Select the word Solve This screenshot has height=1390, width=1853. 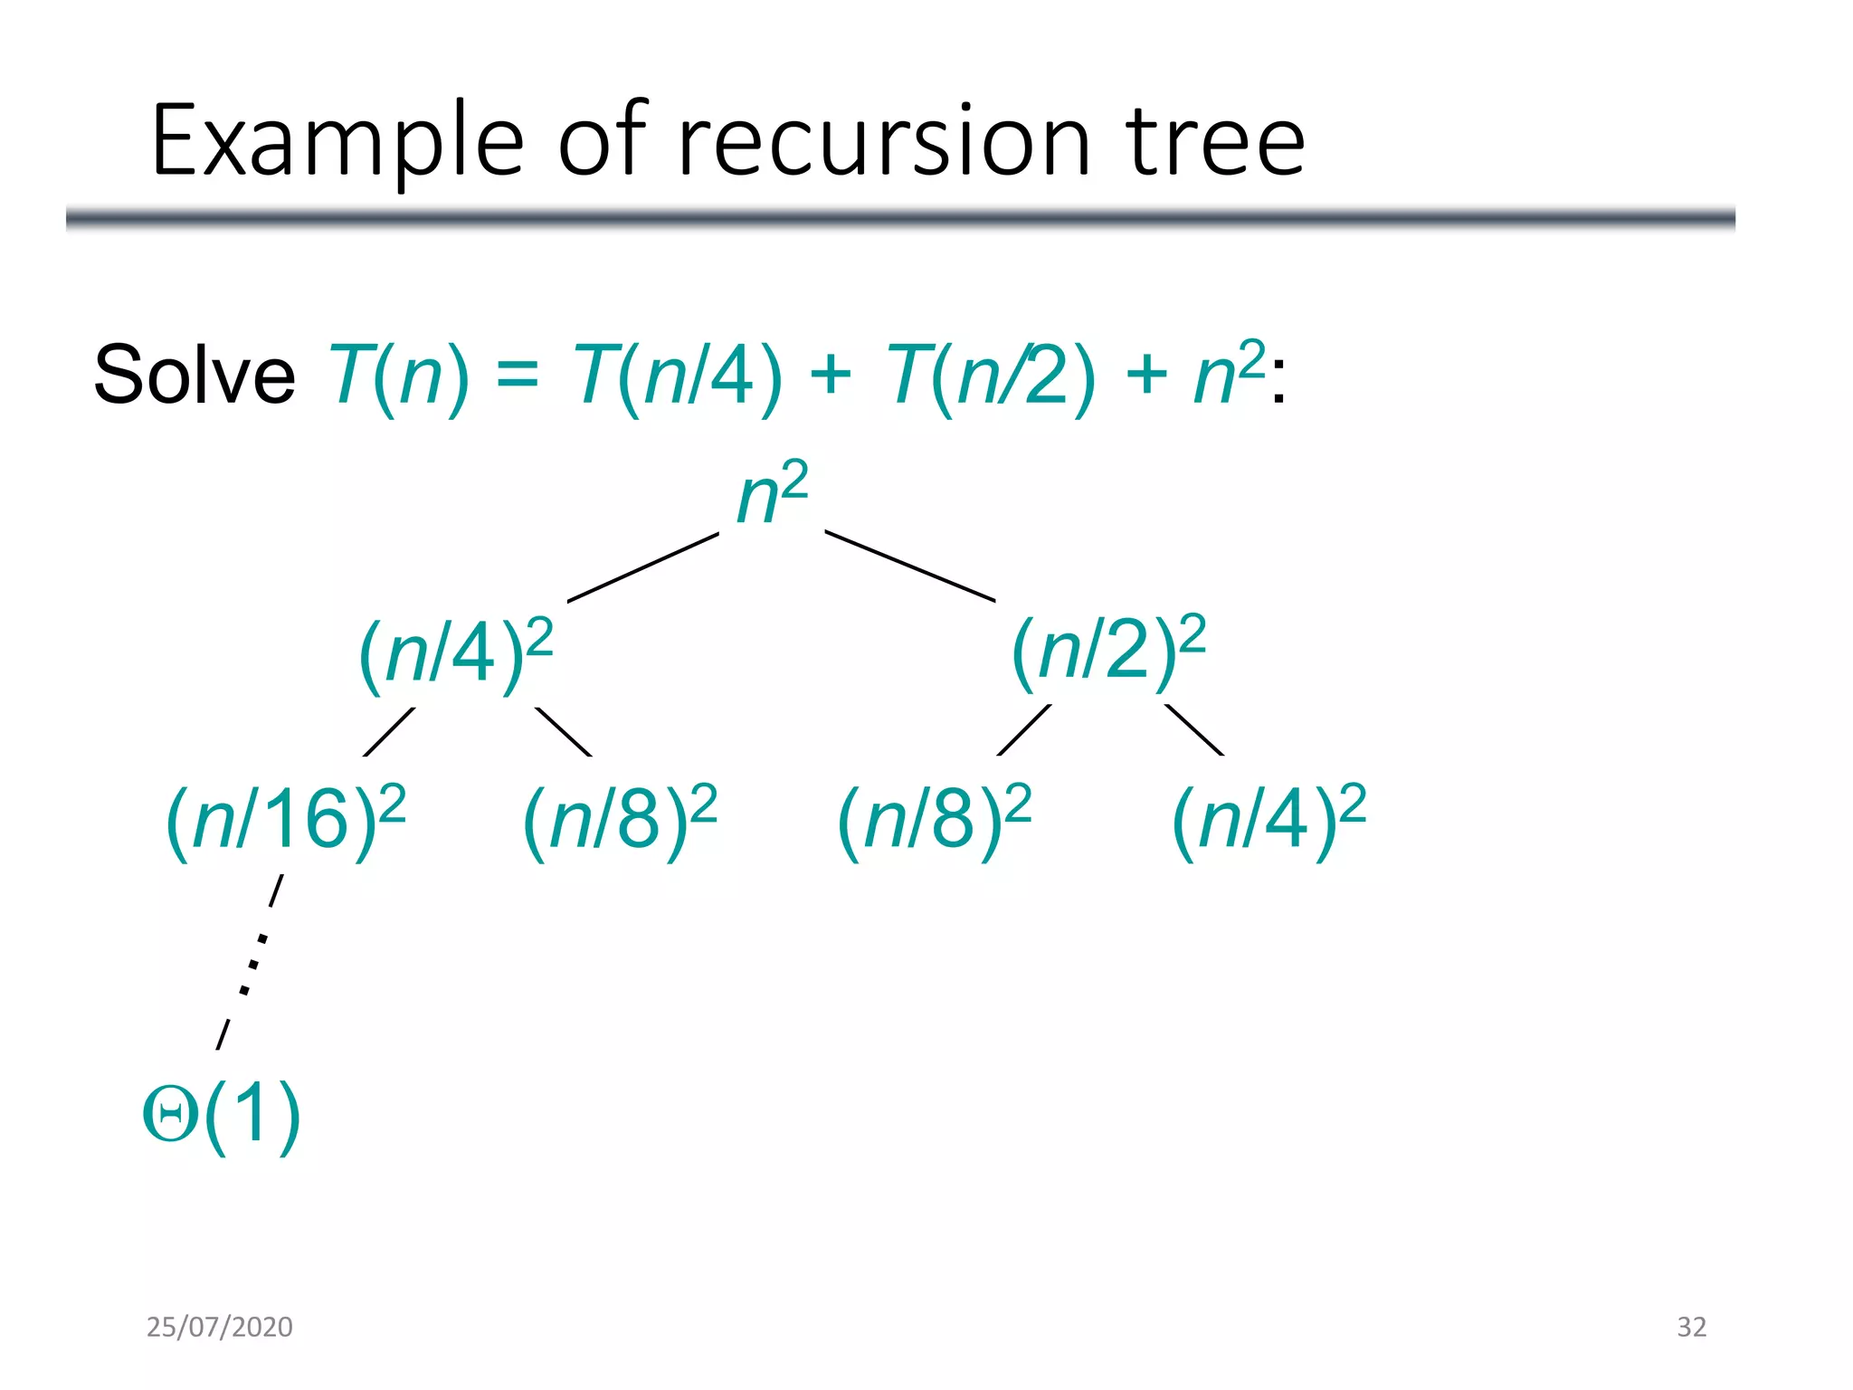pyautogui.click(x=195, y=375)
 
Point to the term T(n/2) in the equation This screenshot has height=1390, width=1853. pyautogui.click(x=991, y=375)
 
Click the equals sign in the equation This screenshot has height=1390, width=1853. pyautogui.click(x=518, y=375)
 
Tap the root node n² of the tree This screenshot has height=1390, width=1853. pyautogui.click(x=771, y=493)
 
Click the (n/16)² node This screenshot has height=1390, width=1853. pyautogui.click(x=285, y=820)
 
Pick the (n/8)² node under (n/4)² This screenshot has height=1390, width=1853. pyautogui.click(x=620, y=820)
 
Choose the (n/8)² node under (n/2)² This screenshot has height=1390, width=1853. pyautogui.click(x=934, y=820)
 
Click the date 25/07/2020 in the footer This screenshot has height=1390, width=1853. pyautogui.click(x=220, y=1327)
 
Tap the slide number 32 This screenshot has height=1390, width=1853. pyautogui.click(x=1691, y=1327)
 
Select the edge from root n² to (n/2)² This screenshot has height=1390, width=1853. pyautogui.click(x=909, y=566)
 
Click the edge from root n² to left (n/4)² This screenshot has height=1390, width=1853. pyautogui.click(x=642, y=567)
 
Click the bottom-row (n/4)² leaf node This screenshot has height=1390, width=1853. pyautogui.click(x=1269, y=820)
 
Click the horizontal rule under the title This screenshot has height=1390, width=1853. pyautogui.click(x=900, y=218)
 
